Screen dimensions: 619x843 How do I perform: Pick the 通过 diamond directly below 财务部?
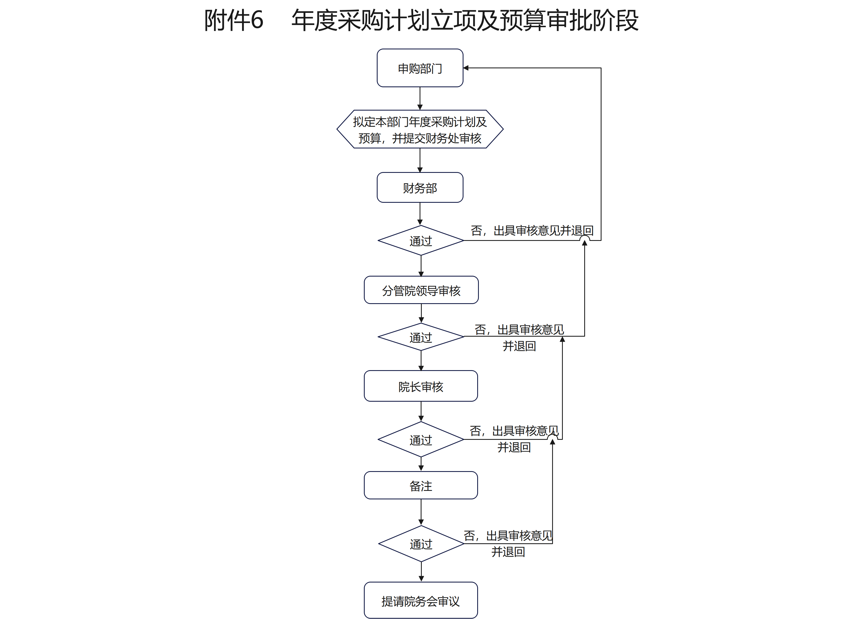point(420,240)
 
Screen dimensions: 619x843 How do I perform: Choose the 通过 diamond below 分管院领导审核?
point(420,337)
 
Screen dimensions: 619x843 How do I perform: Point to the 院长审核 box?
point(420,386)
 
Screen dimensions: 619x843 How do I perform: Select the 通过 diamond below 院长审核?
point(420,439)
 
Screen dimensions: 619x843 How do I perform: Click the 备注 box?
point(420,485)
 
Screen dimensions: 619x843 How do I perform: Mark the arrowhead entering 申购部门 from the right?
point(466,68)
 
